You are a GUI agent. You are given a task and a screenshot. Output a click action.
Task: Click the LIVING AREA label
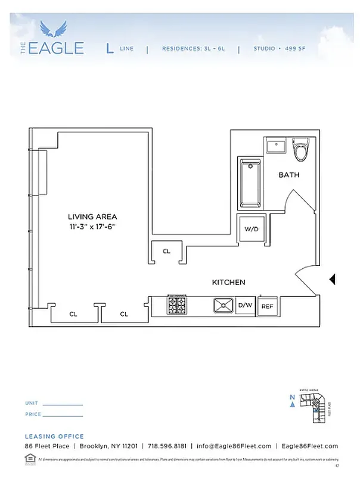[92, 216]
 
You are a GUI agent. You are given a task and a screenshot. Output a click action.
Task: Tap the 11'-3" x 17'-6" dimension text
[92, 227]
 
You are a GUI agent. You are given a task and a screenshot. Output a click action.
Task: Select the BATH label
[289, 175]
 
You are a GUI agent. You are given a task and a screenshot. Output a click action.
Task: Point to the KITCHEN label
[229, 282]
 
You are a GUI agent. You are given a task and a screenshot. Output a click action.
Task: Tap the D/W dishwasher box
[246, 306]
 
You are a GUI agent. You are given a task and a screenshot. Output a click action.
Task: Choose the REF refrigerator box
[268, 306]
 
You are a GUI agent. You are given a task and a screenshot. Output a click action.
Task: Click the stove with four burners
[177, 306]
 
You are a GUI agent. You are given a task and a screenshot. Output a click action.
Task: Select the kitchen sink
[224, 306]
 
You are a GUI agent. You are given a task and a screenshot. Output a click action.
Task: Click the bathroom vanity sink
[276, 146]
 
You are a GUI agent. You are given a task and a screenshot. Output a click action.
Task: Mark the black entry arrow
[333, 279]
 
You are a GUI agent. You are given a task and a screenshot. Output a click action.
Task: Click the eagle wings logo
[52, 29]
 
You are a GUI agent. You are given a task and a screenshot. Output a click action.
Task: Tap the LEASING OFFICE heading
[54, 436]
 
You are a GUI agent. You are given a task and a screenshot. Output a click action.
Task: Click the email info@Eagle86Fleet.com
[234, 446]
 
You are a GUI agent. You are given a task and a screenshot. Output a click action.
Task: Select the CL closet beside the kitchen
[166, 252]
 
